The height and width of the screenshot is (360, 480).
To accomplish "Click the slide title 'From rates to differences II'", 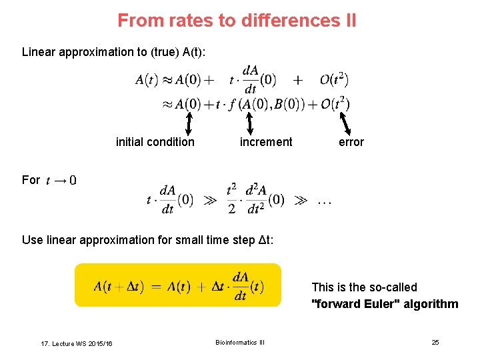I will click(237, 21).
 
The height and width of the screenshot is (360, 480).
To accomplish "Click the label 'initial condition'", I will click(155, 141).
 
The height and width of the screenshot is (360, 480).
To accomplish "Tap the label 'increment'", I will click(266, 141).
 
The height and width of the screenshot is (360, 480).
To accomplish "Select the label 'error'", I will click(351, 141).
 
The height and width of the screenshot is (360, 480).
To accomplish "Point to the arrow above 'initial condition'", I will click(189, 123).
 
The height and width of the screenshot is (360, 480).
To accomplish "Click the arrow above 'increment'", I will click(250, 123).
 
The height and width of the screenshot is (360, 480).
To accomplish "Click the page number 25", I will click(435, 342).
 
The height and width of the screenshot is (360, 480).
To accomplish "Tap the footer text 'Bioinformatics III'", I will click(240, 342).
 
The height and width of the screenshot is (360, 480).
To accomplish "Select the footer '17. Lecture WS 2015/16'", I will click(76, 343).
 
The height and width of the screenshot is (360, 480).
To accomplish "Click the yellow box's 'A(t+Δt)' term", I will click(118, 287).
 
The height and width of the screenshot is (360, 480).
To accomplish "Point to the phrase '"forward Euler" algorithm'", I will click(385, 304).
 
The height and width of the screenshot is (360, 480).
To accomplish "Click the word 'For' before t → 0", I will click(31, 180).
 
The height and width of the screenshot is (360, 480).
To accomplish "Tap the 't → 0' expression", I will click(61, 180).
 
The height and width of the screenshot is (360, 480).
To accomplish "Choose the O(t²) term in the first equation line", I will click(334, 80).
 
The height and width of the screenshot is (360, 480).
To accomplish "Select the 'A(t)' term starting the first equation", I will click(147, 80).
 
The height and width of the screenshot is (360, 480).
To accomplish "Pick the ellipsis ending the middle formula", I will click(325, 199).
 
